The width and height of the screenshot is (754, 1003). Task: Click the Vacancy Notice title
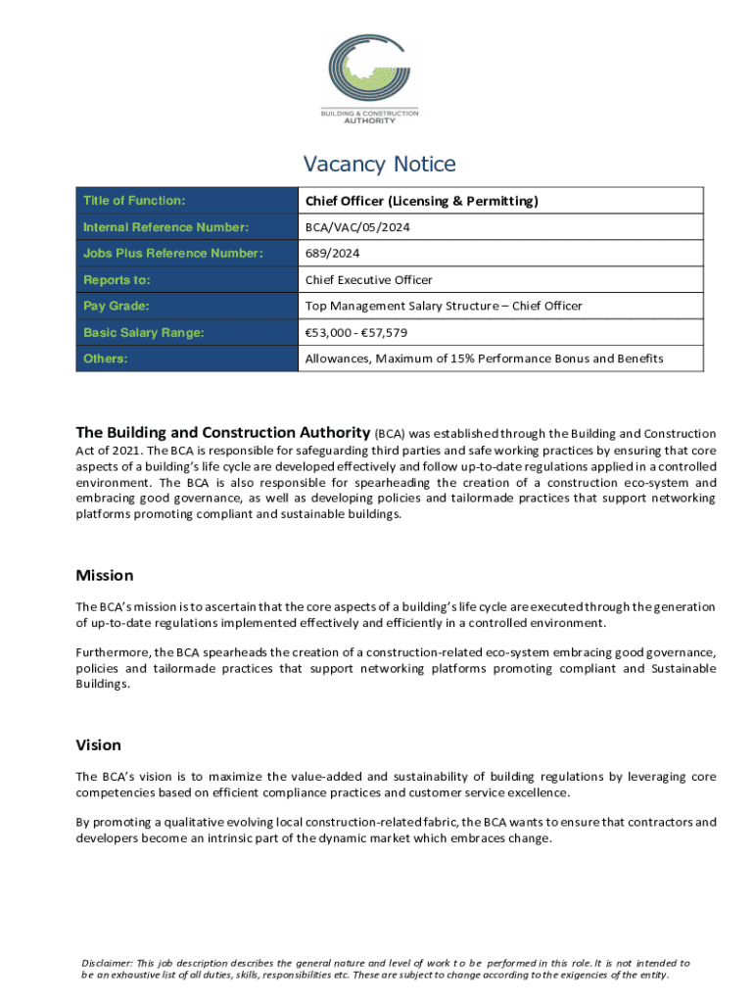[x=379, y=165]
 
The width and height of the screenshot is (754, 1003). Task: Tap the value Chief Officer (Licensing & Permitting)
[x=422, y=202]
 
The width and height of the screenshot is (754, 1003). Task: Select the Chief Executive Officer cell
[x=368, y=280]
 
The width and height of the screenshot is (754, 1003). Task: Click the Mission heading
[x=105, y=576]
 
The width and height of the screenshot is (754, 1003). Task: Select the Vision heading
[x=99, y=745]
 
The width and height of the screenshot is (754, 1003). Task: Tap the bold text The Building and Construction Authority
[x=223, y=433]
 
